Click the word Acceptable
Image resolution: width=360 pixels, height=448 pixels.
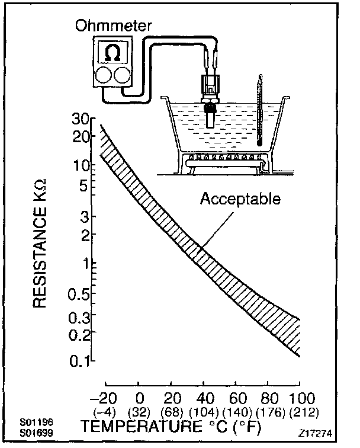pos(239,199)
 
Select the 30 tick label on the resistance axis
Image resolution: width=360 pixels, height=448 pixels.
pos(79,118)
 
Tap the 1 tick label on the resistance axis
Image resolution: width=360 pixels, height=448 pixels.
pos(85,264)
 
